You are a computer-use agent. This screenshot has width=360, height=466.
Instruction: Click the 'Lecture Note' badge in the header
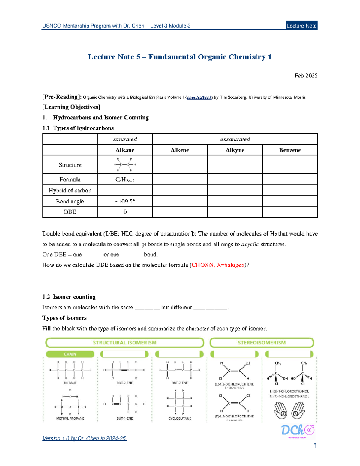coord(301,26)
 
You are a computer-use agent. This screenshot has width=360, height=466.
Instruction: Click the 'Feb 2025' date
coord(306,76)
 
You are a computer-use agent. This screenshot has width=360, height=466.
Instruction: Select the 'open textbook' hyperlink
coord(199,97)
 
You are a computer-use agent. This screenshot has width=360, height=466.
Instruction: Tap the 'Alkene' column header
coord(180,150)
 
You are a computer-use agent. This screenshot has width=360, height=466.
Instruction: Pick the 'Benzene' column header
coord(290,150)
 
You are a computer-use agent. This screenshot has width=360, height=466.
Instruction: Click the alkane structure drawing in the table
coord(125,164)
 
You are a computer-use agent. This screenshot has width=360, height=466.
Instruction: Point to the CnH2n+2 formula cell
coord(125,179)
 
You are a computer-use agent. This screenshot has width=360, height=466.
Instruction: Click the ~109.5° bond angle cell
coord(125,201)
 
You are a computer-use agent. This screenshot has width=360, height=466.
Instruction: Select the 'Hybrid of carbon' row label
coord(70,191)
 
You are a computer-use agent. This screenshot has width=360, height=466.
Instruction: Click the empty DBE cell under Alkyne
coord(235,212)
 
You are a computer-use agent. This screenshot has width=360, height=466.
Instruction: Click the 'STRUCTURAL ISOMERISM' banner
coord(124,343)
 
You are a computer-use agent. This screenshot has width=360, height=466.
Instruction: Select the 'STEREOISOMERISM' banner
coord(262,343)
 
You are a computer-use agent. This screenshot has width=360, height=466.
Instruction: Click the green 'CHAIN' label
coord(70,354)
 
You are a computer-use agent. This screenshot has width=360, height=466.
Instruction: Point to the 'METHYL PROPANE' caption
coord(70,418)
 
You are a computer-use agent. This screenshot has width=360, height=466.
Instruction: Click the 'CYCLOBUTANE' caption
coord(180,418)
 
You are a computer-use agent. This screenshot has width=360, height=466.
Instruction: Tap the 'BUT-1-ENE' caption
coord(125,418)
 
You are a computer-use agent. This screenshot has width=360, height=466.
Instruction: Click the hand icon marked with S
coord(280,410)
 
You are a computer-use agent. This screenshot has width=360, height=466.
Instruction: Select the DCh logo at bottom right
coord(297,431)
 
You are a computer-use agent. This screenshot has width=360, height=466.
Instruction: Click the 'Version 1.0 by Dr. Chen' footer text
coord(85,438)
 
